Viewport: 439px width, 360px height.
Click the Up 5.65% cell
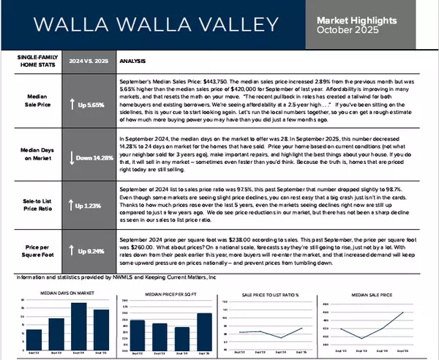pos(91,104)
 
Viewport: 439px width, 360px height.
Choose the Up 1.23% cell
pos(91,206)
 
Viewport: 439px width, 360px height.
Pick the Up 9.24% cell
pos(91,251)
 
